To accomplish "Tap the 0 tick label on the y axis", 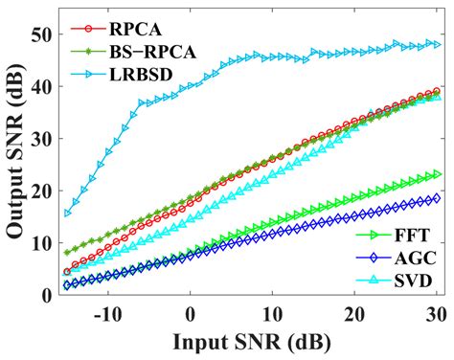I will click(46, 296).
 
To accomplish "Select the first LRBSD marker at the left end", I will click(67, 213).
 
